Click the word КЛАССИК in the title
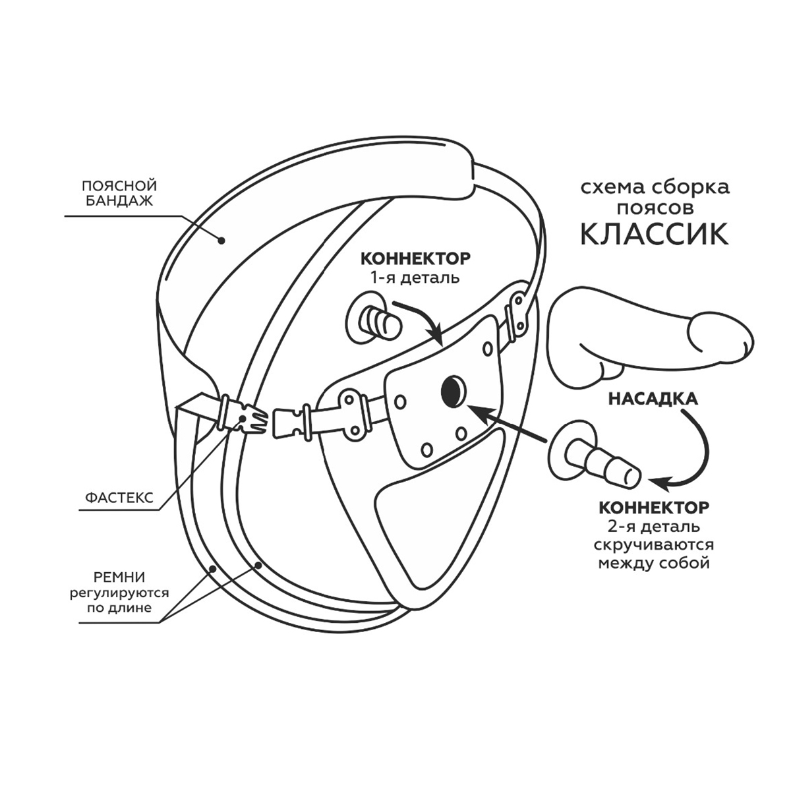coord(654,233)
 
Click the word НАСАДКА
coord(653,399)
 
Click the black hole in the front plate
coord(454,392)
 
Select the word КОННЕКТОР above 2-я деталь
coord(654,508)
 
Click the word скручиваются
coord(654,546)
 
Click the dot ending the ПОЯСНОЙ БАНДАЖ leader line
coord(222,241)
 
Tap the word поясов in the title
coord(654,209)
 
